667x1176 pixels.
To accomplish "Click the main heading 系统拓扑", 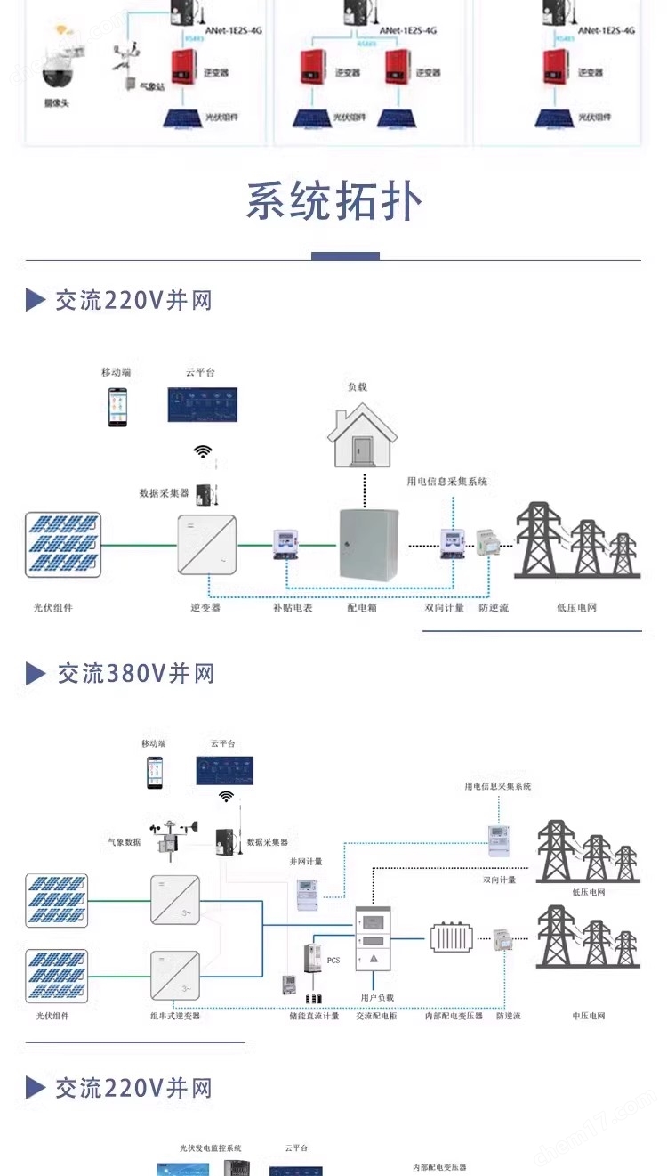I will click(x=333, y=202).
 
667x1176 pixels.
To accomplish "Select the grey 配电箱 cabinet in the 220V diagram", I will click(x=368, y=545).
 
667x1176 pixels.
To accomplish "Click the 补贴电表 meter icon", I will click(x=285, y=544).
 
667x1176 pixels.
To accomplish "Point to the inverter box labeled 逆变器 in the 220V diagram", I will click(x=207, y=545).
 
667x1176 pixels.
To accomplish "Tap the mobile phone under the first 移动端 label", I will click(x=117, y=407).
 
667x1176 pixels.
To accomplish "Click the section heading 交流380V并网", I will click(x=135, y=674).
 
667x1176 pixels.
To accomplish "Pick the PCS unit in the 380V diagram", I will click(x=311, y=960).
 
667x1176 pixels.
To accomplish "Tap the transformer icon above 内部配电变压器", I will click(x=455, y=937).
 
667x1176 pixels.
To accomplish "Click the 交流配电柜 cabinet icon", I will click(x=374, y=937).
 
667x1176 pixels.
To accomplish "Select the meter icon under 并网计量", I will click(x=307, y=891).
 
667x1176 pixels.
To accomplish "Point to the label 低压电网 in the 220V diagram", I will click(x=576, y=608).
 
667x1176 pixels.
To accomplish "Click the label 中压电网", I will click(x=589, y=1016).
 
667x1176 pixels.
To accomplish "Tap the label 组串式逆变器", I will click(x=175, y=1016).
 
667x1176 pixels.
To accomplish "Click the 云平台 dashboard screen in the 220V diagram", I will click(x=203, y=406).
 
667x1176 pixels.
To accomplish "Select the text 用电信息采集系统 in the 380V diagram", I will click(x=497, y=787).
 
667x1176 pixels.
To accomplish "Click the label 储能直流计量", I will click(x=314, y=1016).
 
